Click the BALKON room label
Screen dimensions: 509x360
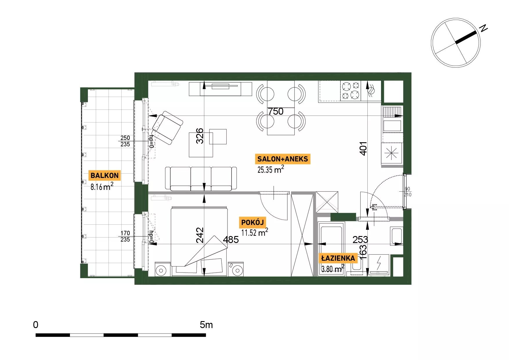point(104,175)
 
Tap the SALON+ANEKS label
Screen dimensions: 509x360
point(283,159)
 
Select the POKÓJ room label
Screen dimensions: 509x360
point(252,222)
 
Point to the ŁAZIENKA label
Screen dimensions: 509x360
point(338,258)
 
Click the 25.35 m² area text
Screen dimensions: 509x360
point(271,169)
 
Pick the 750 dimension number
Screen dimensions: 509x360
point(276,111)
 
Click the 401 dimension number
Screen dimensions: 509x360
point(363,149)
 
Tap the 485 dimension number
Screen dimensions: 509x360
point(231,240)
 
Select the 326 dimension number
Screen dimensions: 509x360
point(200,136)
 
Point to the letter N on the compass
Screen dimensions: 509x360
point(483,28)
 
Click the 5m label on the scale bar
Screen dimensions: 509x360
point(206,325)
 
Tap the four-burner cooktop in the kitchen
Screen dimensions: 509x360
point(351,91)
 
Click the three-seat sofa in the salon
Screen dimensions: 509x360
point(201,179)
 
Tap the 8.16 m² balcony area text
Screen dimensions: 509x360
point(102,186)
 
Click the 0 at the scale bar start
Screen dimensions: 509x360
point(36,325)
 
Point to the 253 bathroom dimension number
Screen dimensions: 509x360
point(360,240)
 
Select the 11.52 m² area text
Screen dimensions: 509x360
point(255,232)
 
